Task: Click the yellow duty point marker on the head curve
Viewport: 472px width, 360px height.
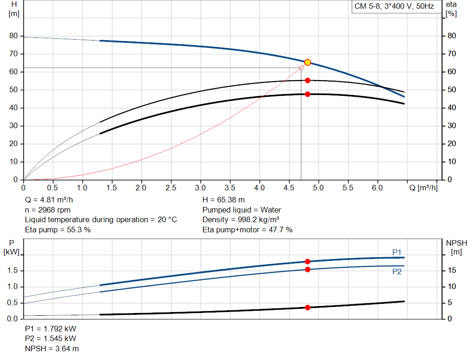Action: click(307, 62)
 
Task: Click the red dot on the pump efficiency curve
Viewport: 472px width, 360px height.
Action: click(307, 80)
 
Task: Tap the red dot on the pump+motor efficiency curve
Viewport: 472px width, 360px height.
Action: click(307, 94)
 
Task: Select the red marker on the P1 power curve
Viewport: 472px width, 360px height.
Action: click(307, 261)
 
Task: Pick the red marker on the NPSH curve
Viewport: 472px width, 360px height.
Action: click(307, 307)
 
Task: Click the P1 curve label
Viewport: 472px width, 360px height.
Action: click(397, 252)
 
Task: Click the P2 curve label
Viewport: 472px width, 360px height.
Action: click(397, 272)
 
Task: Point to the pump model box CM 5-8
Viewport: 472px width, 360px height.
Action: click(394, 6)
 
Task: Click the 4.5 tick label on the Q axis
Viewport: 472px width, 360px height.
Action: click(289, 188)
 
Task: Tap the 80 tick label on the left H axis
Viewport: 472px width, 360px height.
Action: click(13, 36)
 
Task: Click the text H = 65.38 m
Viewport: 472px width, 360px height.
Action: click(224, 200)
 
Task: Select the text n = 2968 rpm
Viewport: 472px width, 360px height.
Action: click(47, 210)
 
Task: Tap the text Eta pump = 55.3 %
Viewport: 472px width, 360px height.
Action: click(58, 230)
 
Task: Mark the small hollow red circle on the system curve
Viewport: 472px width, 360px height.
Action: click(301, 68)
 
